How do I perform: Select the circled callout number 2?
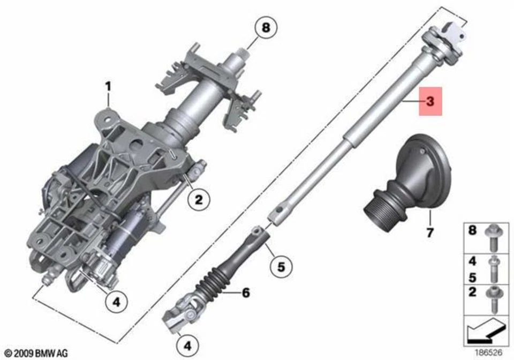point(199,200)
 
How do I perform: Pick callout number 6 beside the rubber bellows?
point(246,292)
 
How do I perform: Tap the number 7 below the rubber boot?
point(430,232)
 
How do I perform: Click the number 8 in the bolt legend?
point(472,231)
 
